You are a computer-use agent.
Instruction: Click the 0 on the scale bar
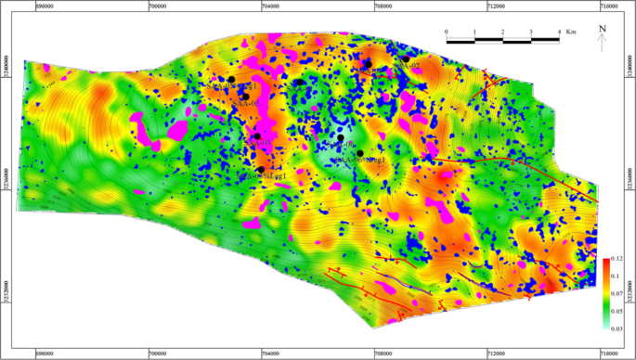(x=447, y=32)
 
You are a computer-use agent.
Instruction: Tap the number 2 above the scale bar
(x=502, y=32)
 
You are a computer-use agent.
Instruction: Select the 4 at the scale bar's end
(x=558, y=32)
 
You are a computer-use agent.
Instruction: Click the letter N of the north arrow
(x=602, y=29)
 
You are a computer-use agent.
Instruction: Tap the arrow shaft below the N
(x=602, y=43)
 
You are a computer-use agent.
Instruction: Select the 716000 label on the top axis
(x=608, y=5)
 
